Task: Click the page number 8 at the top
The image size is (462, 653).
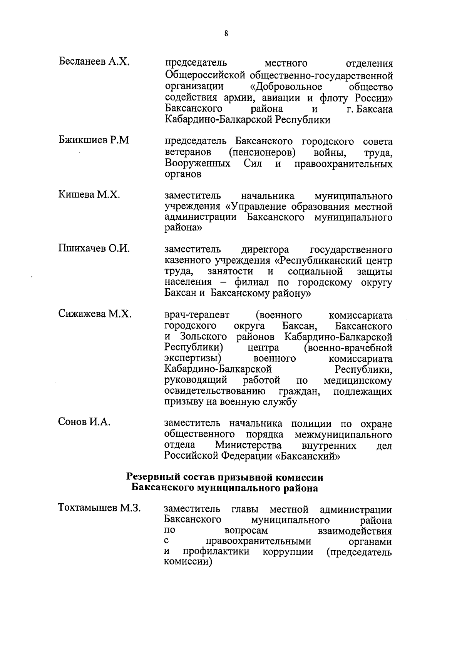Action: (x=226, y=33)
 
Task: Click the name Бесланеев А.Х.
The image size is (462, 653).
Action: (x=94, y=62)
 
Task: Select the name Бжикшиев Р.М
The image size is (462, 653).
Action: (x=94, y=140)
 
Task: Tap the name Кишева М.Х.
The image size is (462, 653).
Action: (x=89, y=195)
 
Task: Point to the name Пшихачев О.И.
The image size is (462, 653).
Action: (x=94, y=249)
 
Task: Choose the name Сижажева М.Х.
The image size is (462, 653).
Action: (x=95, y=314)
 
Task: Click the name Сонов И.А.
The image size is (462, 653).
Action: (x=84, y=422)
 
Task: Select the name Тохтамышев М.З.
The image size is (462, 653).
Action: (x=99, y=508)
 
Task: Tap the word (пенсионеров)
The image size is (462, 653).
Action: (x=262, y=152)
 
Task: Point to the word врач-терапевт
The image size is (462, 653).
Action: (x=197, y=315)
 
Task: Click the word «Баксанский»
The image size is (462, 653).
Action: (x=308, y=457)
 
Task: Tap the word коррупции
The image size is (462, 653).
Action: (x=288, y=552)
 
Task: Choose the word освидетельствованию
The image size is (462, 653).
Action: (x=215, y=391)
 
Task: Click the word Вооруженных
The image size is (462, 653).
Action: (x=198, y=164)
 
